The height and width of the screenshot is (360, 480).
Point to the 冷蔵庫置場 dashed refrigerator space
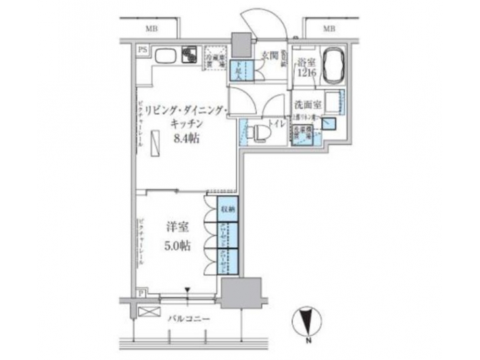tap(215, 55)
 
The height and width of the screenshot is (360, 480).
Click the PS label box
tap(142, 50)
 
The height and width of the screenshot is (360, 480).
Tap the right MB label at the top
tap(329, 27)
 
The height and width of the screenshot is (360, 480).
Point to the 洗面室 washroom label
tap(305, 105)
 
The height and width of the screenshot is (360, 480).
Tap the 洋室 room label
tap(177, 227)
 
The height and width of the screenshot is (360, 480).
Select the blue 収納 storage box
tap(228, 209)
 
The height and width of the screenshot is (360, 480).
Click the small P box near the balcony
tap(142, 293)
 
